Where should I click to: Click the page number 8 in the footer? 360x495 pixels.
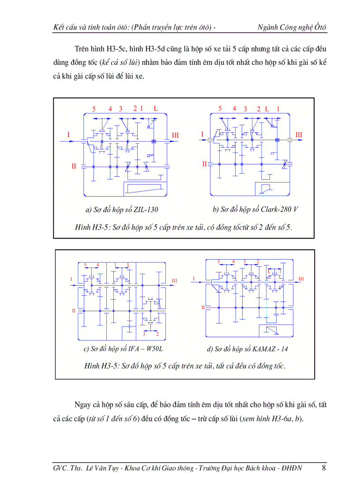[324, 468]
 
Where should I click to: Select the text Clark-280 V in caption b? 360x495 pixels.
[279, 209]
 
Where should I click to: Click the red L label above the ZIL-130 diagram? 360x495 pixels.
[155, 108]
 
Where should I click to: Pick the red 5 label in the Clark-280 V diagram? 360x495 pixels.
[220, 108]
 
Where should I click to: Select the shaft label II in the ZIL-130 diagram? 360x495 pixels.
[74, 166]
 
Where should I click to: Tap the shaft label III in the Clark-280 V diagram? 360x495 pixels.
[299, 134]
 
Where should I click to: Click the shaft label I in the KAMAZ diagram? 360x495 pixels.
[193, 279]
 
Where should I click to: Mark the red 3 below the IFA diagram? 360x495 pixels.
[144, 334]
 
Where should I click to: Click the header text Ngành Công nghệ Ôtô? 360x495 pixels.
[292, 28]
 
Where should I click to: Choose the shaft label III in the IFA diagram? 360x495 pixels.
[175, 280]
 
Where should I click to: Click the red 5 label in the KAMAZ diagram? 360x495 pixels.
[218, 262]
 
